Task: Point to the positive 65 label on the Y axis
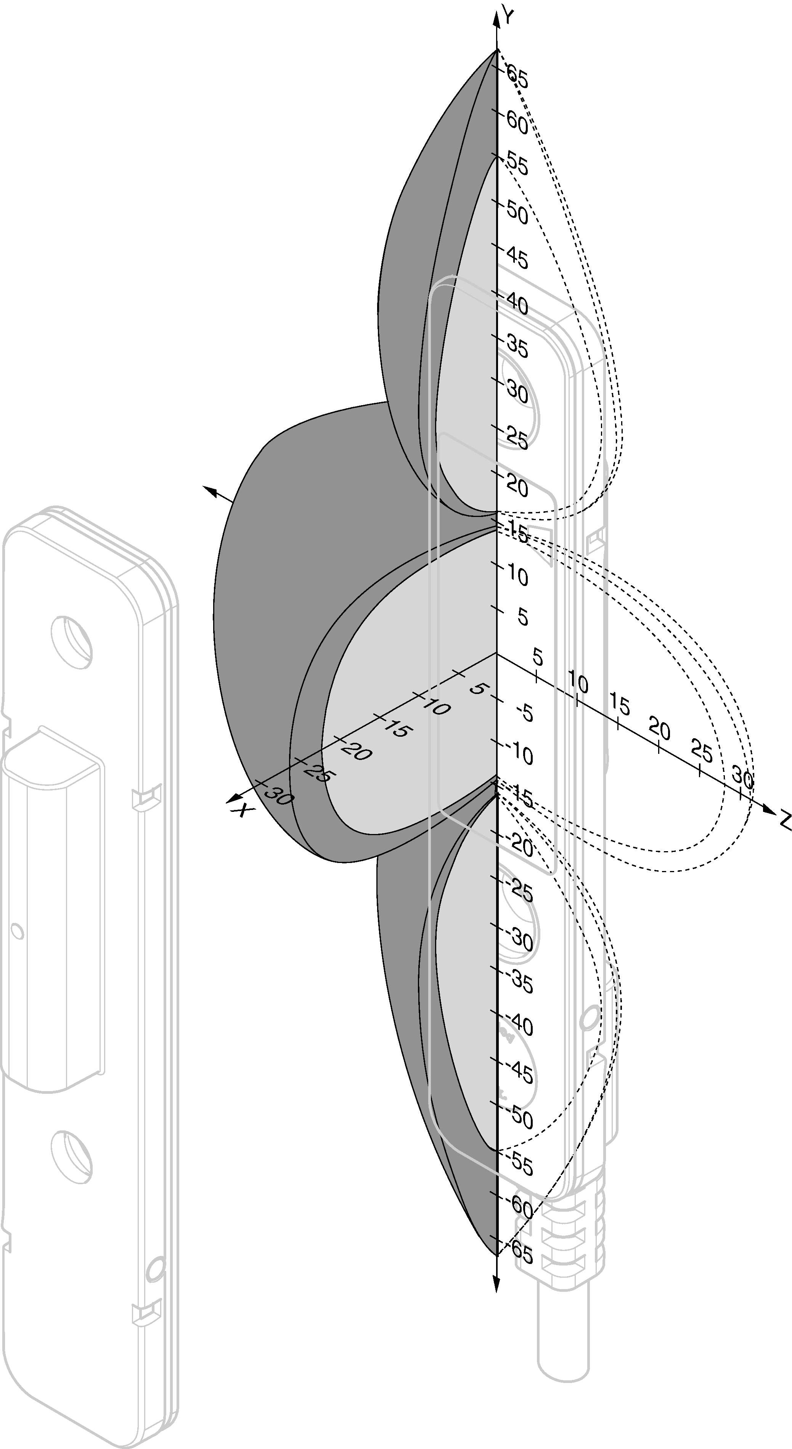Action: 517,76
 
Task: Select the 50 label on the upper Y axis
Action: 517,212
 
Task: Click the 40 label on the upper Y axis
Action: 517,304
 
